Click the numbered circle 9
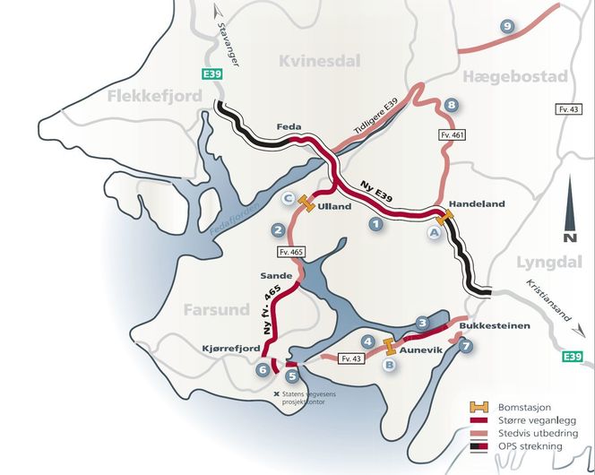click(508, 27)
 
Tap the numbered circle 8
click(451, 107)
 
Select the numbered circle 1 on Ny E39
click(376, 225)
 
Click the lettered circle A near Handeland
click(434, 232)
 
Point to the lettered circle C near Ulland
click(289, 199)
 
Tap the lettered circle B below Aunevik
click(390, 364)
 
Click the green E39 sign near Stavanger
click(212, 75)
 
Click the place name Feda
click(289, 128)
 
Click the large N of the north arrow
click(569, 237)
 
